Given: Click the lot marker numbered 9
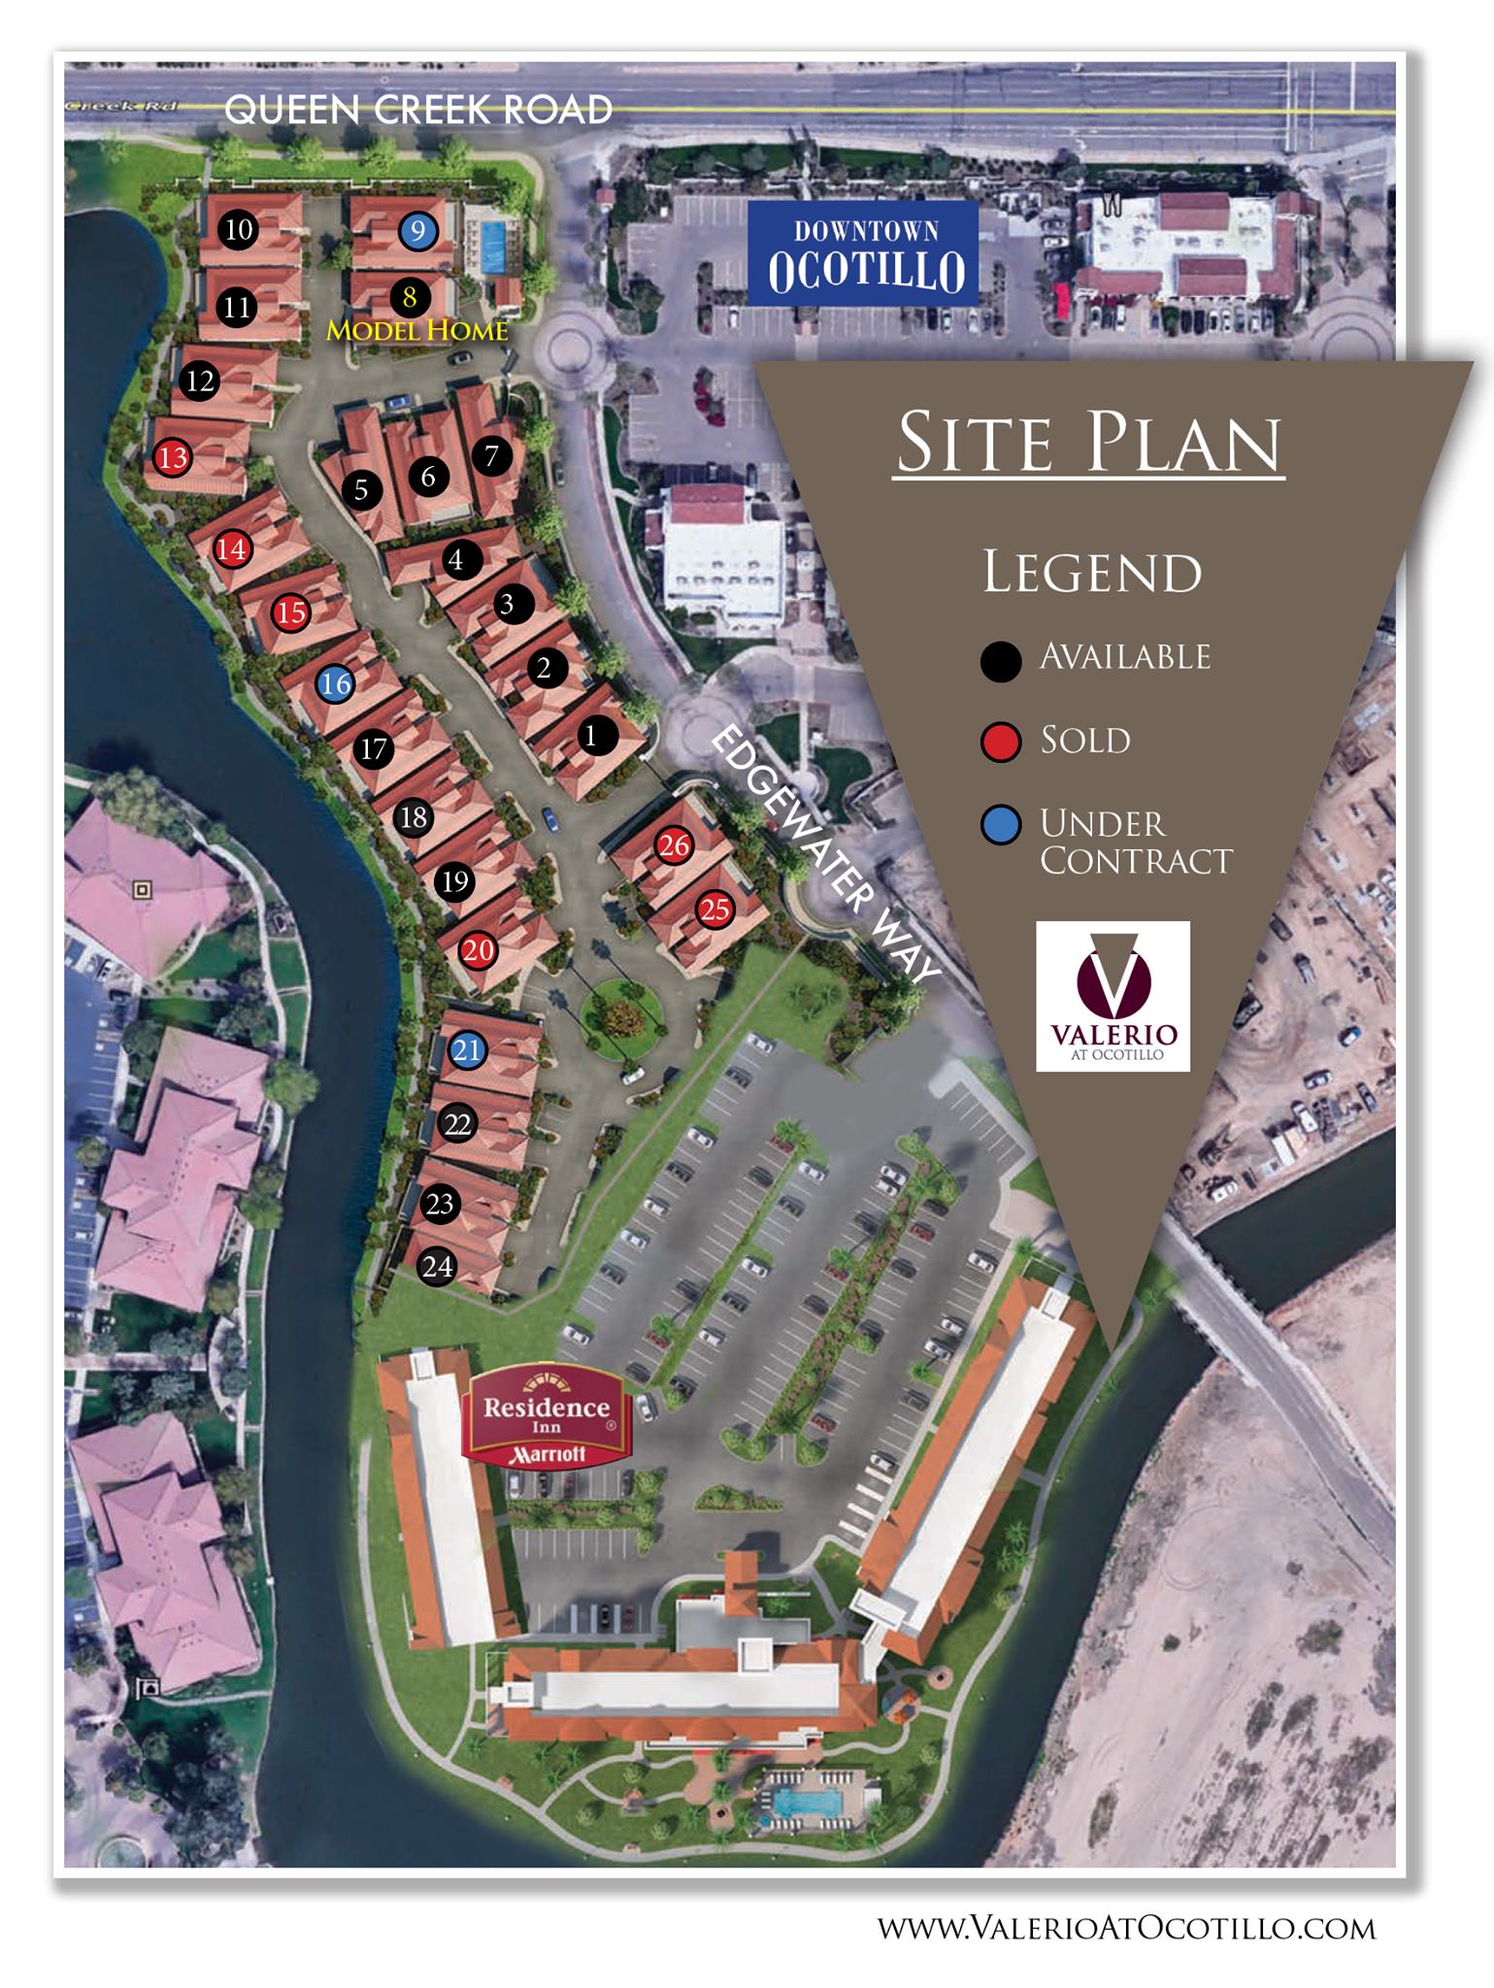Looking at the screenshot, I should pos(417,231).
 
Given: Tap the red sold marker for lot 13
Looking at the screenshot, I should pos(173,456).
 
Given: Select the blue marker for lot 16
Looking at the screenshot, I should pos(335,683).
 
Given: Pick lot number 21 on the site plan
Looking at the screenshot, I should pos(467,1049).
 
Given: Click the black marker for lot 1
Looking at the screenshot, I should pos(590,736).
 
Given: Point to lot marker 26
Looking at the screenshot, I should pos(674,845).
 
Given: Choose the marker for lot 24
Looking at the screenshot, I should pos(437,1266).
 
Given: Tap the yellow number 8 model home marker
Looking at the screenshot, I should pos(410,296).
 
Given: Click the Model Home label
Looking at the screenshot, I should pos(417,331).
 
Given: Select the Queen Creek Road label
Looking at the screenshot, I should pos(418,110).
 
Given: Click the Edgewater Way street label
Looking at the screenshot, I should pos(826,855).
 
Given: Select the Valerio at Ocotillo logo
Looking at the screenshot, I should pos(1112,996).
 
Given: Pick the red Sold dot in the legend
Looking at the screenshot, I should pos(1001,744).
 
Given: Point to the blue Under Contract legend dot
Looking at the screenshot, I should pos(1001,826).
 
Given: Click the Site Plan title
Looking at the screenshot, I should pos(1089,444).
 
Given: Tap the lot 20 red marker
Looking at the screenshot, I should pos(478,950).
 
